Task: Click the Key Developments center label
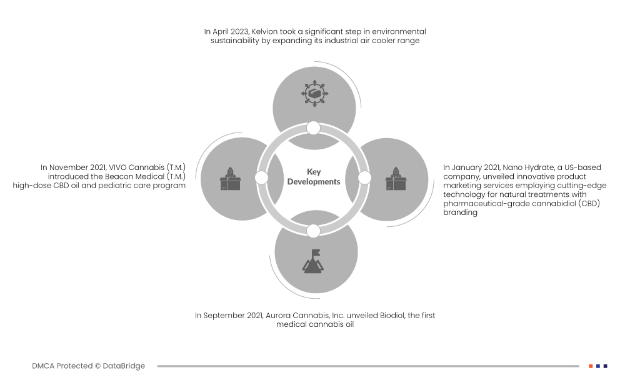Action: tap(314, 177)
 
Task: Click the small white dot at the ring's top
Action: tap(314, 128)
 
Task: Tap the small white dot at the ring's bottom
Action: tap(314, 231)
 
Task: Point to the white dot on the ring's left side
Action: tap(262, 178)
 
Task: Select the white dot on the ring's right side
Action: tap(365, 178)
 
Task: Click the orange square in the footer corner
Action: tap(591, 366)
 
